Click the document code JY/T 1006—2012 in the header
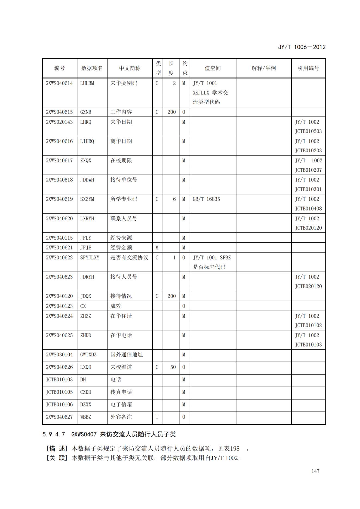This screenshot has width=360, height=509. click(301, 47)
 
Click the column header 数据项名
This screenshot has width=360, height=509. click(92, 68)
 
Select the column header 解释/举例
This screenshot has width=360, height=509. click(263, 68)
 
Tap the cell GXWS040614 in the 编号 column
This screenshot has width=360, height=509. click(59, 83)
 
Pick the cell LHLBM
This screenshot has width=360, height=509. click(87, 83)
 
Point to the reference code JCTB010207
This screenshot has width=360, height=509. click(308, 170)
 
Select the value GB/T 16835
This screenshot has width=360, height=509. click(206, 199)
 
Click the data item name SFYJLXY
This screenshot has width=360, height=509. click(90, 258)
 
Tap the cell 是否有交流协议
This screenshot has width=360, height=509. click(129, 258)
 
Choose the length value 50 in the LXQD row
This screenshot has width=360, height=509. click(173, 367)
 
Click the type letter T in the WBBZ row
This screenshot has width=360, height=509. click(157, 417)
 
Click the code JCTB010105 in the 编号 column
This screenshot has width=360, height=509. click(59, 392)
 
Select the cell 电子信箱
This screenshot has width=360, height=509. click(121, 405)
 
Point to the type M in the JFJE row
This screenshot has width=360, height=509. click(157, 248)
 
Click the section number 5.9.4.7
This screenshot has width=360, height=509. click(54, 434)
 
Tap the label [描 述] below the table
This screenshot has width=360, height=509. click(57, 448)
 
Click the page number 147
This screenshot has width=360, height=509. click(315, 471)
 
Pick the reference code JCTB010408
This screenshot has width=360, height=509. click(308, 209)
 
